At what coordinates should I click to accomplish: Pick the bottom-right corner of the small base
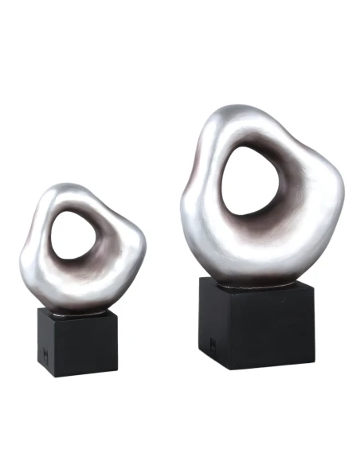118,375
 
